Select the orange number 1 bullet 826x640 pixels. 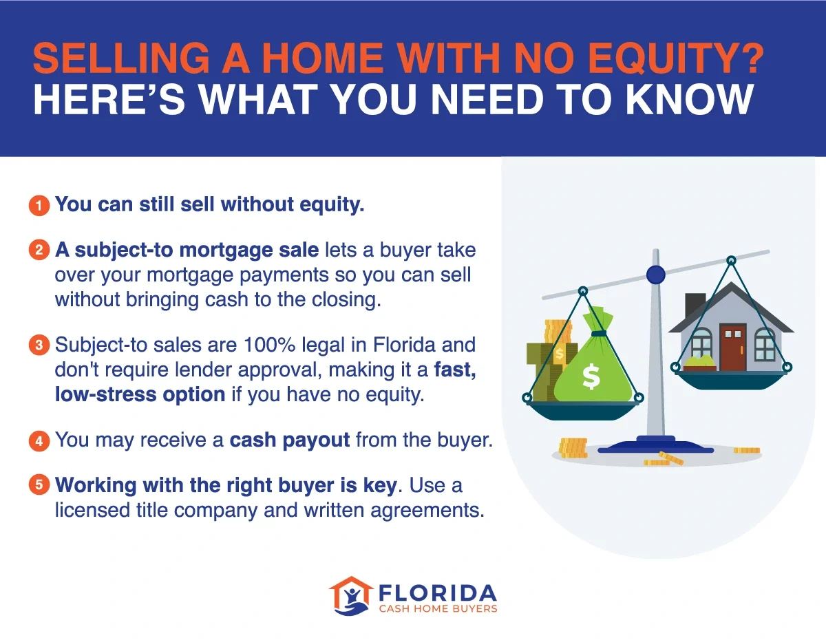pyautogui.click(x=39, y=205)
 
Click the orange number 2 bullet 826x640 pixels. pyautogui.click(x=39, y=250)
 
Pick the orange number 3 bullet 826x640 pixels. pyautogui.click(x=39, y=344)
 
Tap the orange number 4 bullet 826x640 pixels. pyautogui.click(x=39, y=440)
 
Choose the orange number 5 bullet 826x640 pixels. pyautogui.click(x=39, y=484)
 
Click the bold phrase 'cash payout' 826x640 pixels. pyautogui.click(x=290, y=440)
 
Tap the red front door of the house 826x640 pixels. pyautogui.click(x=732, y=347)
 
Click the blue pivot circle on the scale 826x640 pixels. pyautogui.click(x=656, y=275)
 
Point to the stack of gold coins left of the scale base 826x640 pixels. pyautogui.click(x=573, y=447)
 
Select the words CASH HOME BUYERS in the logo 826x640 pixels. pyautogui.click(x=437, y=608)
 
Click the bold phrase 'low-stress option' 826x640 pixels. pyautogui.click(x=140, y=394)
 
